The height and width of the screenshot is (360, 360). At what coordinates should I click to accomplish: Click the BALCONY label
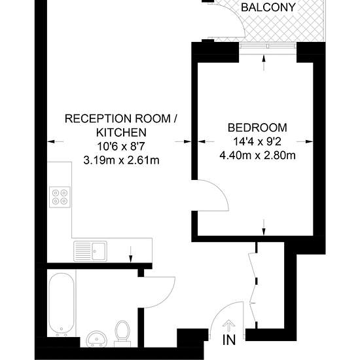268,7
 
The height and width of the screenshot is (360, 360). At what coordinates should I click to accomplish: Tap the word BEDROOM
257,128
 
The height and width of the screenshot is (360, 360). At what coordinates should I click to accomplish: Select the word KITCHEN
121,132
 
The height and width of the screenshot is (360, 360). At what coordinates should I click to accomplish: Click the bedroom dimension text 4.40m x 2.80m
257,155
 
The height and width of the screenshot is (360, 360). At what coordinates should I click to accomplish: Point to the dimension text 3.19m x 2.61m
121,160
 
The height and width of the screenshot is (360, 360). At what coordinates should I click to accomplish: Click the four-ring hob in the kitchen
60,197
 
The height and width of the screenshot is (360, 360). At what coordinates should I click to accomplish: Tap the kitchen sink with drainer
90,251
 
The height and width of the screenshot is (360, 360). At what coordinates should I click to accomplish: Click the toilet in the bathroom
122,334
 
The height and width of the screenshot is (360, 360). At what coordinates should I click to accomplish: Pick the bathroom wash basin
97,338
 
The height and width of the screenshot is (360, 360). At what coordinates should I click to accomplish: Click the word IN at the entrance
229,340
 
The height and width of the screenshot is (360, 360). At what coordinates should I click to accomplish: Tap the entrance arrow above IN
229,325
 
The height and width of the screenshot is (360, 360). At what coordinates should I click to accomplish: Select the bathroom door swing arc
166,298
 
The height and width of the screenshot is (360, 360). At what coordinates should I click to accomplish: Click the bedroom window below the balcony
268,48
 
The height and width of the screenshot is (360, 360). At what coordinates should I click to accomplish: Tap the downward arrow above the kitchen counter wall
131,254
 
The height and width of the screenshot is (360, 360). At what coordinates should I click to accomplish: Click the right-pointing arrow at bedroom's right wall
304,141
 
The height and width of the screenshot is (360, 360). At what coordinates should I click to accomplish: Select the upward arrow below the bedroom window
264,63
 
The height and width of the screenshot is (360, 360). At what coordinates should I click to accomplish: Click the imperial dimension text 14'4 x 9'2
257,141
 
